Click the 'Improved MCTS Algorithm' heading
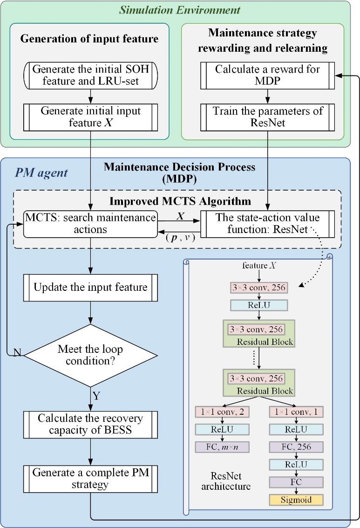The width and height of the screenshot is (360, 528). pos(179,201)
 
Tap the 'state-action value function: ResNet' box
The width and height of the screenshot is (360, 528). pos(267,223)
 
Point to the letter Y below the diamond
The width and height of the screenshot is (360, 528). pos(96,397)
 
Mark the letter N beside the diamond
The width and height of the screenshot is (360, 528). pos(17,353)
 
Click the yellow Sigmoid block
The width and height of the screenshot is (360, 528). pos(295,501)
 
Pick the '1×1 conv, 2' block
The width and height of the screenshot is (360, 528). pos(223,412)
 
